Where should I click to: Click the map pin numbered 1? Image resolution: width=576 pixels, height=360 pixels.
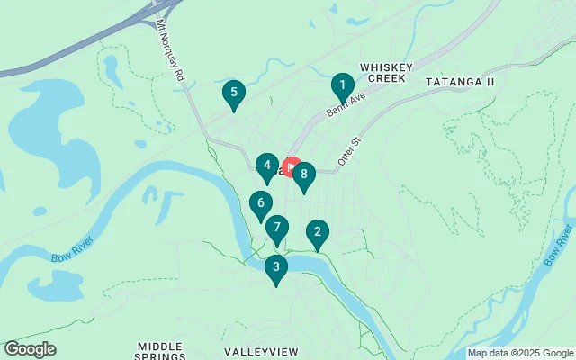(341, 88)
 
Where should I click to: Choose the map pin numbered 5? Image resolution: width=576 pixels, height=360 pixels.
(234, 94)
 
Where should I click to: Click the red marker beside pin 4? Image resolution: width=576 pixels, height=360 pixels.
(291, 168)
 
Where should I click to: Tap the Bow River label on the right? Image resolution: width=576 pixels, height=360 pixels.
(556, 247)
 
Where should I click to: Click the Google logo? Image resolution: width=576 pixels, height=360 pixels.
(30, 349)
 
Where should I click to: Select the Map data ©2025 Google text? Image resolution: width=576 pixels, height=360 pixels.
(519, 353)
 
